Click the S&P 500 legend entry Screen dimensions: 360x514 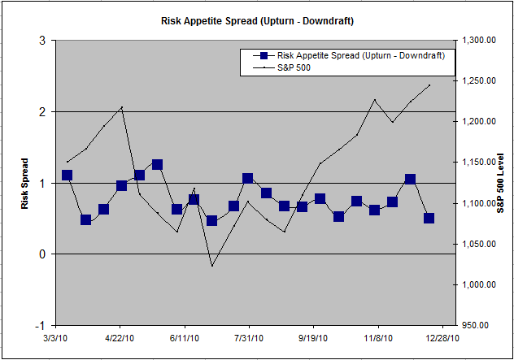point(294,68)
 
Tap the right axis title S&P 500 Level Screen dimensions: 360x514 point(501,182)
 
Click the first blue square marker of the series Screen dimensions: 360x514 point(68,176)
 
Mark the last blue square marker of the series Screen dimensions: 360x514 point(429,218)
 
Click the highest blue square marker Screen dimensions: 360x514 point(157,165)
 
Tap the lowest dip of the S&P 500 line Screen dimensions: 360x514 point(211,266)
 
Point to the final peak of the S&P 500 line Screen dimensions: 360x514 point(429,85)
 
